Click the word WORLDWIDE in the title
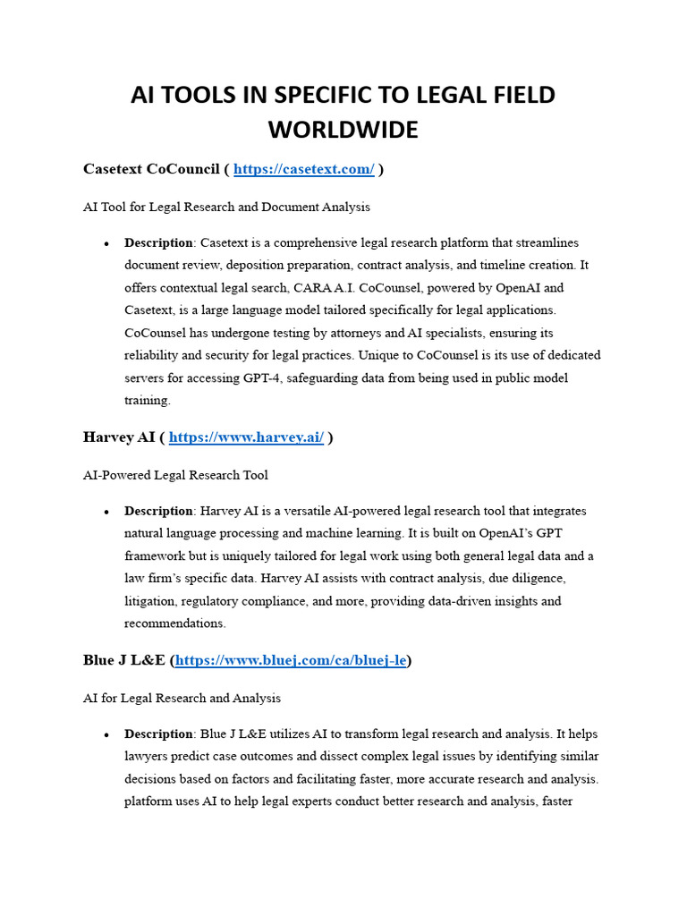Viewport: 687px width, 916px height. point(343,130)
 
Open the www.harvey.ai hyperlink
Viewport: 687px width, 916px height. point(246,437)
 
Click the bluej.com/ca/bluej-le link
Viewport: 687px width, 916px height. point(292,660)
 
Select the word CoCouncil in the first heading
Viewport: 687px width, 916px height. point(183,169)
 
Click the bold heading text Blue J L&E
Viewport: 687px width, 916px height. point(124,660)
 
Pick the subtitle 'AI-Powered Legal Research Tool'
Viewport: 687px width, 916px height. point(175,475)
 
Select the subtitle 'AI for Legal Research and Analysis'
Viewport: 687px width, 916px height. point(182,698)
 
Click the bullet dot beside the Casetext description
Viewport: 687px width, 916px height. point(106,243)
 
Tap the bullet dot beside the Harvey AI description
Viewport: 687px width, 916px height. point(106,512)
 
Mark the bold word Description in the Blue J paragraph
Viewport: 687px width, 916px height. point(159,734)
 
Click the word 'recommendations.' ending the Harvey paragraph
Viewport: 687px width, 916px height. point(175,623)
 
